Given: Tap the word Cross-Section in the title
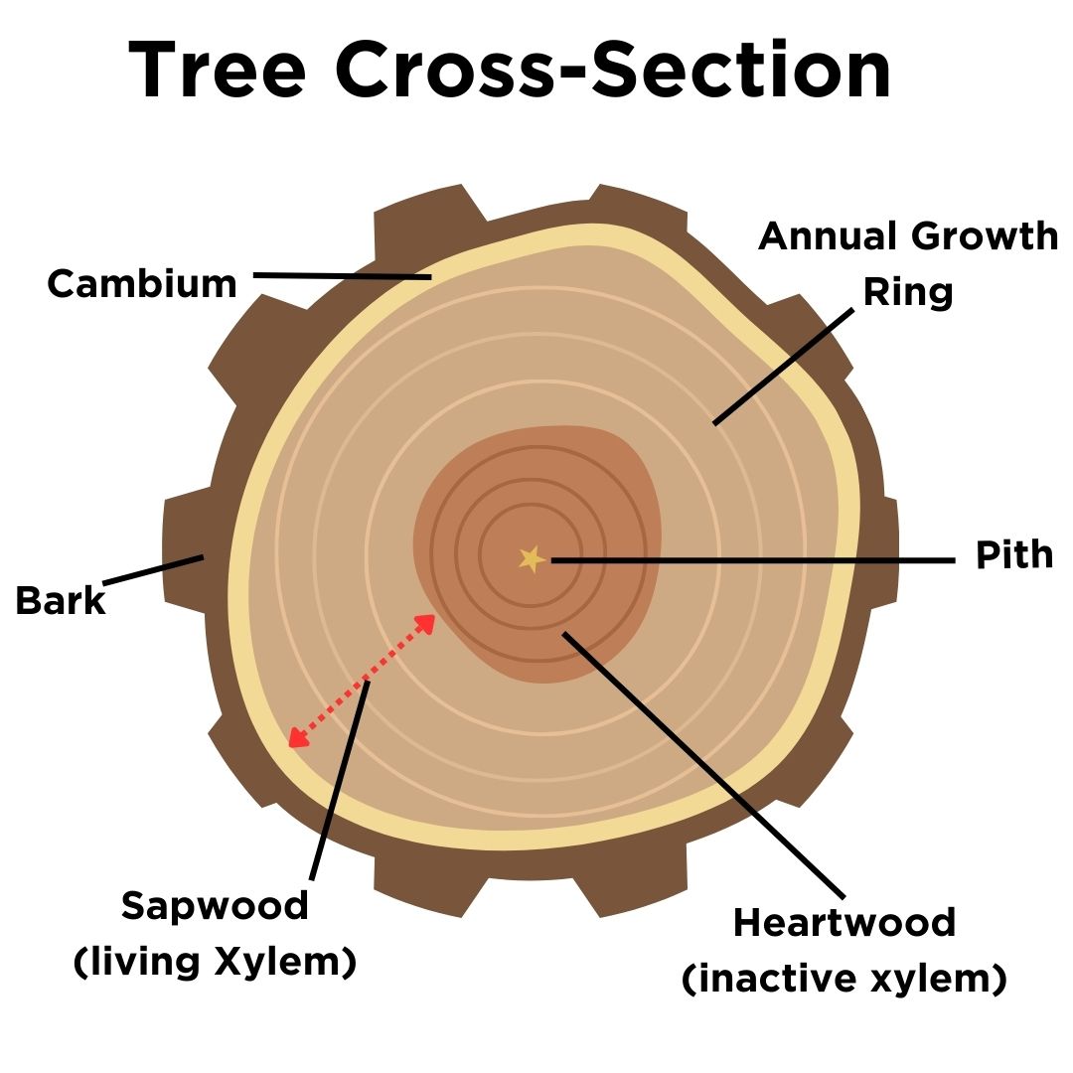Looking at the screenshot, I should point(613,72).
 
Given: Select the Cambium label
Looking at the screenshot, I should point(142,284).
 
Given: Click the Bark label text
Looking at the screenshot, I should point(61,601).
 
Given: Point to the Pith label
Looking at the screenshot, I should point(1014,555).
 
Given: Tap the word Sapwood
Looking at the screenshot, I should point(215,905).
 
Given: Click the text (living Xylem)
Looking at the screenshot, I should point(215,963).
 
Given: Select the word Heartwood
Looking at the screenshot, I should point(843,922).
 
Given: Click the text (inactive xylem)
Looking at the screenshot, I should point(843,980).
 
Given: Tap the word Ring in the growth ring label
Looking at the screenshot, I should point(907,292).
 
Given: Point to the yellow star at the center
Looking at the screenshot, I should point(532,559).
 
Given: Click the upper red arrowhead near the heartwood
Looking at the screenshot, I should point(426,623).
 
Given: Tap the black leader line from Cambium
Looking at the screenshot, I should point(343,275).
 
